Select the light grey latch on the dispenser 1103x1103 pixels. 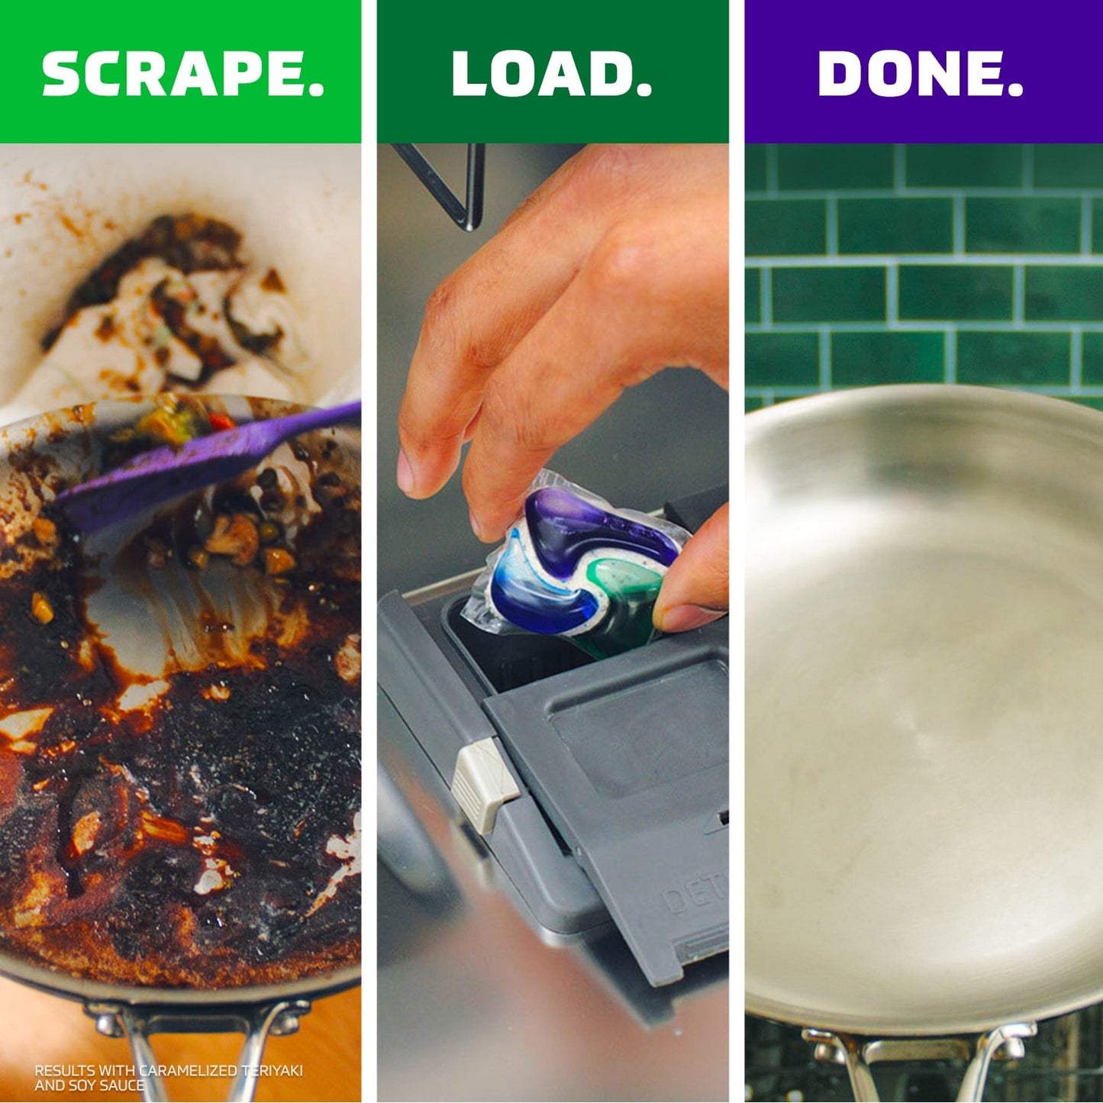(x=484, y=784)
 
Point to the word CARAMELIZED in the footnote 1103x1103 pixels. (x=189, y=1070)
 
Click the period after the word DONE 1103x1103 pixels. (x=1014, y=89)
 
